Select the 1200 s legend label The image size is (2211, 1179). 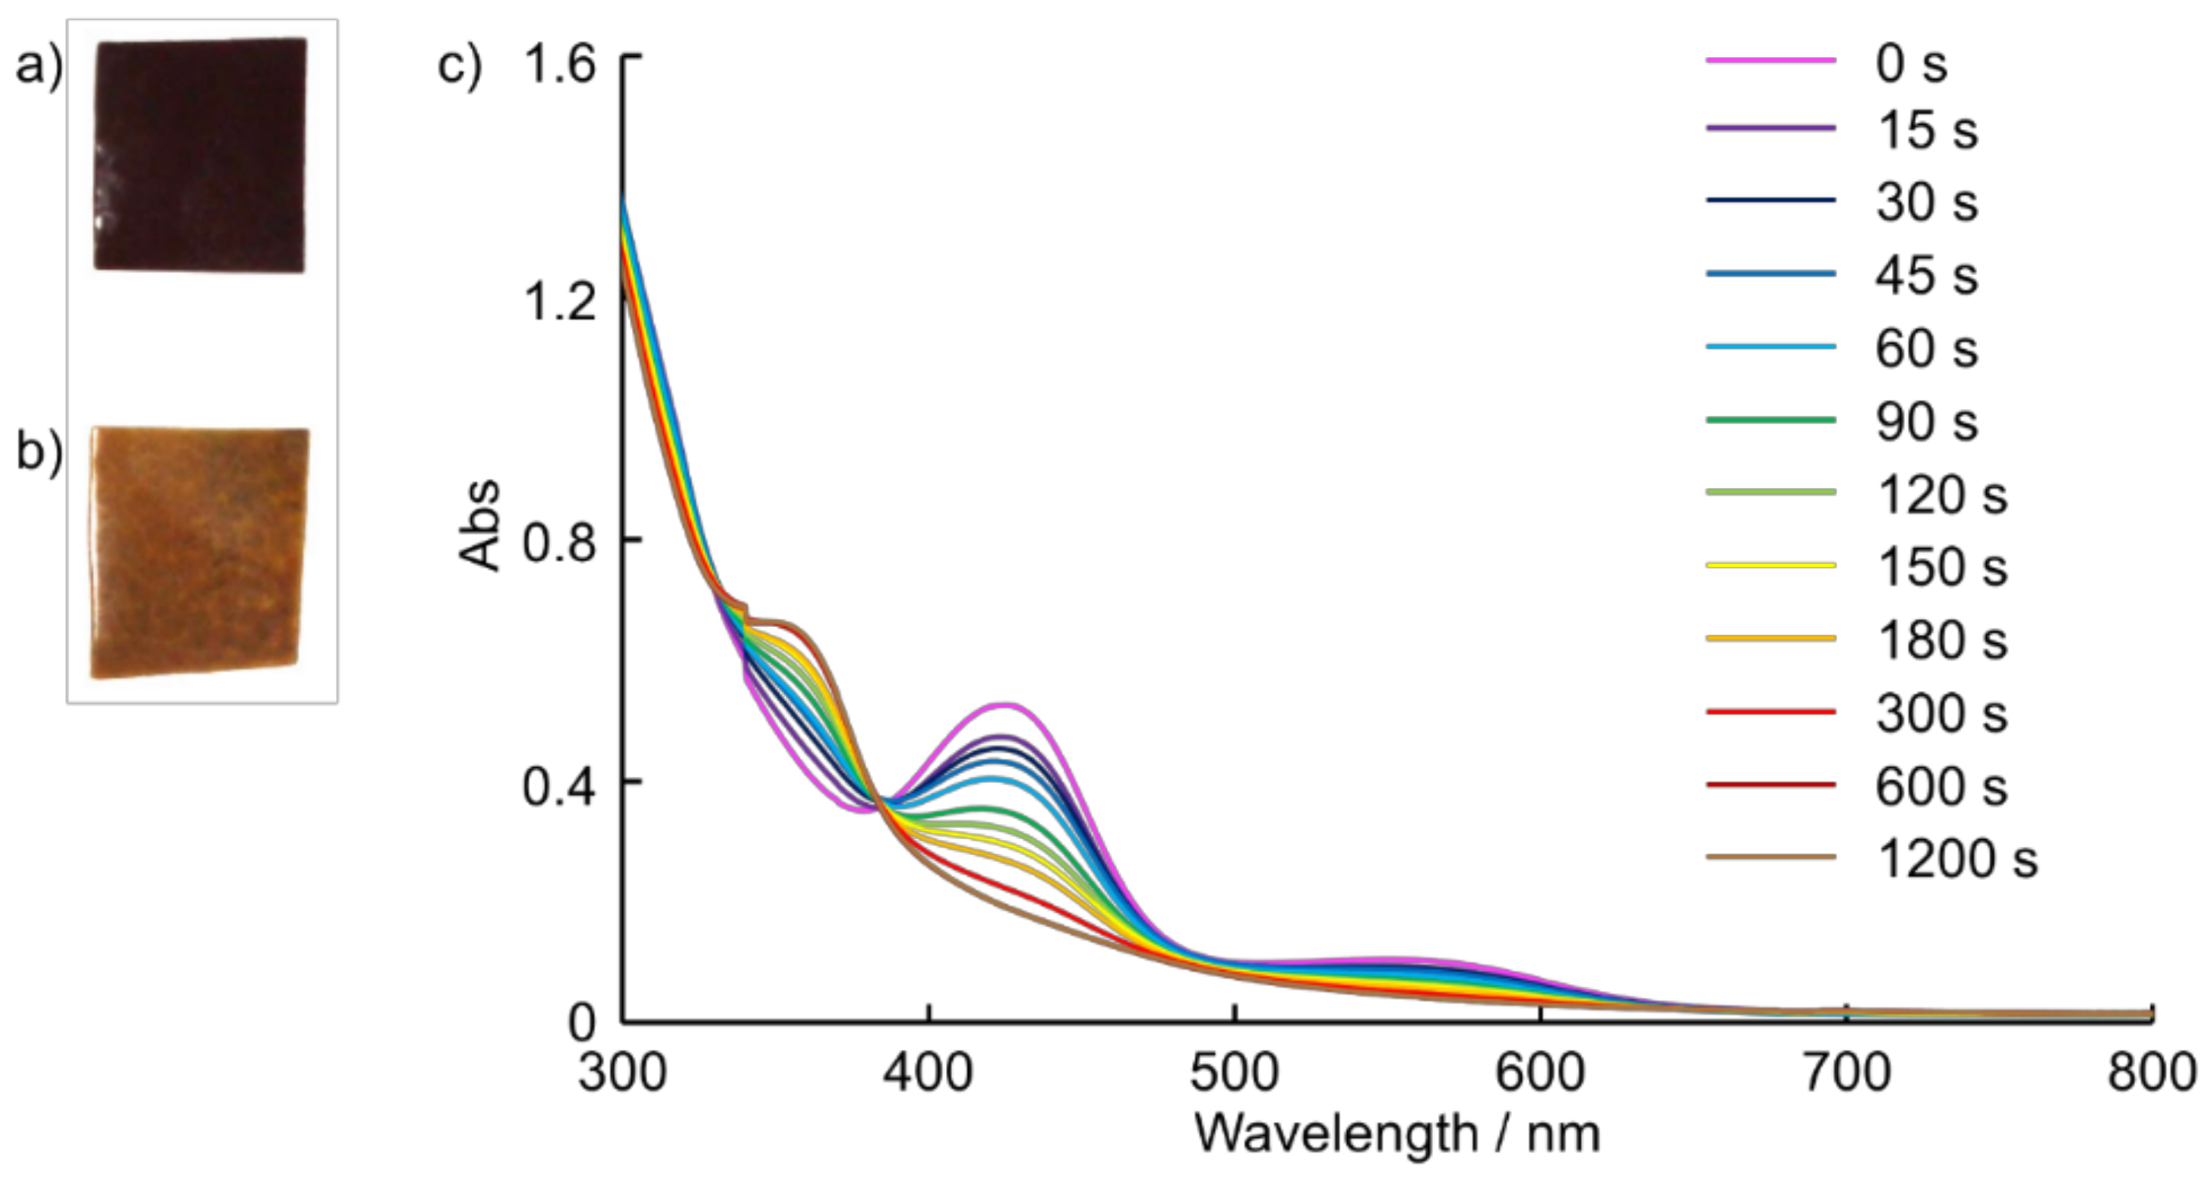click(x=1957, y=858)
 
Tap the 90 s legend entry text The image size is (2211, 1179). click(x=1926, y=421)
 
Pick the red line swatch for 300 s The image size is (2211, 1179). click(x=1770, y=712)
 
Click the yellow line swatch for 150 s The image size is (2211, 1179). click(x=1770, y=565)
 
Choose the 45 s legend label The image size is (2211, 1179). click(x=1926, y=274)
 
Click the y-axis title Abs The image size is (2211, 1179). click(x=481, y=525)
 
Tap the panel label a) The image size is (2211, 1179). click(x=39, y=65)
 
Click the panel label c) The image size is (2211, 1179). click(x=460, y=65)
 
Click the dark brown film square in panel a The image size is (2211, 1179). click(x=199, y=154)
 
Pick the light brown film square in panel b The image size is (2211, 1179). click(x=199, y=551)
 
